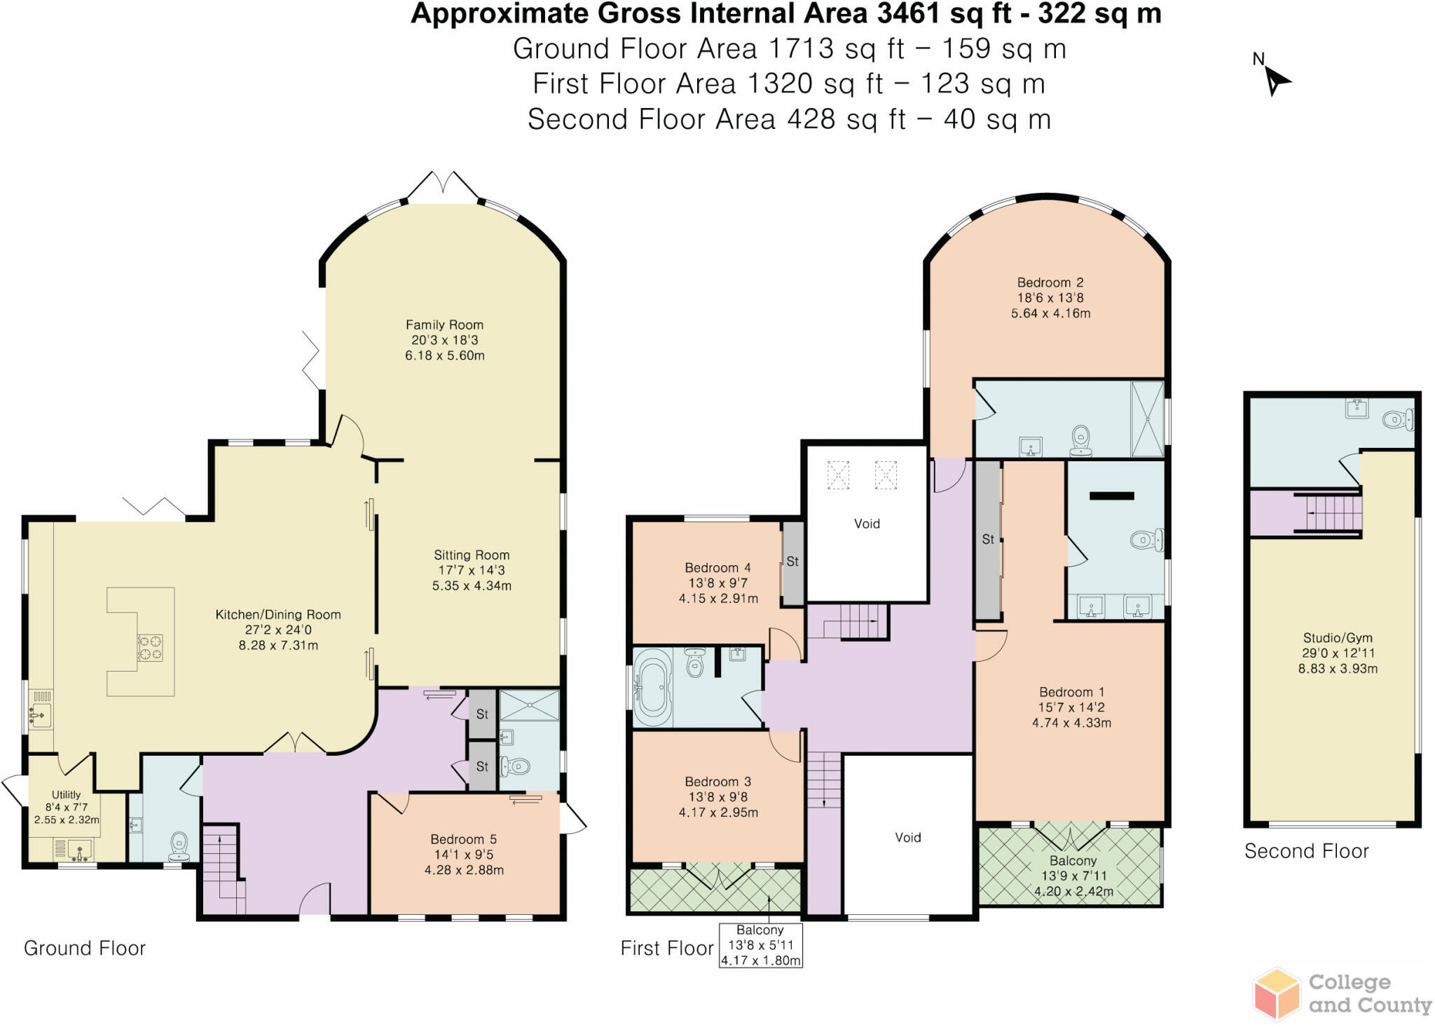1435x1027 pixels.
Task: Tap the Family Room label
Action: (x=444, y=325)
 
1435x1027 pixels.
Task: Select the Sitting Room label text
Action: (x=472, y=555)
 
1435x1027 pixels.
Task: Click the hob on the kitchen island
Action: (x=149, y=648)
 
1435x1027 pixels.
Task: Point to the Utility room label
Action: (x=66, y=795)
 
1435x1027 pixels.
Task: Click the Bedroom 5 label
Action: (x=464, y=839)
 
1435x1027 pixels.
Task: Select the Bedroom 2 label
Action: (x=1050, y=283)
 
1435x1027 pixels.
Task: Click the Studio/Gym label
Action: (x=1338, y=638)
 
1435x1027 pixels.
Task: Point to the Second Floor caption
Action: (x=1306, y=851)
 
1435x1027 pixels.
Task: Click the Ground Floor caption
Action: (x=85, y=948)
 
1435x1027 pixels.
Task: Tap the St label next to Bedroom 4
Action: (x=792, y=562)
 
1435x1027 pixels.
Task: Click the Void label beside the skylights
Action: (x=867, y=524)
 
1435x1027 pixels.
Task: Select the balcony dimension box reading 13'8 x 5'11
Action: (x=760, y=945)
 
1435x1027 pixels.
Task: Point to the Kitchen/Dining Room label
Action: (x=278, y=615)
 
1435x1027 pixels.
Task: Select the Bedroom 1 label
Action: (x=1071, y=692)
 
